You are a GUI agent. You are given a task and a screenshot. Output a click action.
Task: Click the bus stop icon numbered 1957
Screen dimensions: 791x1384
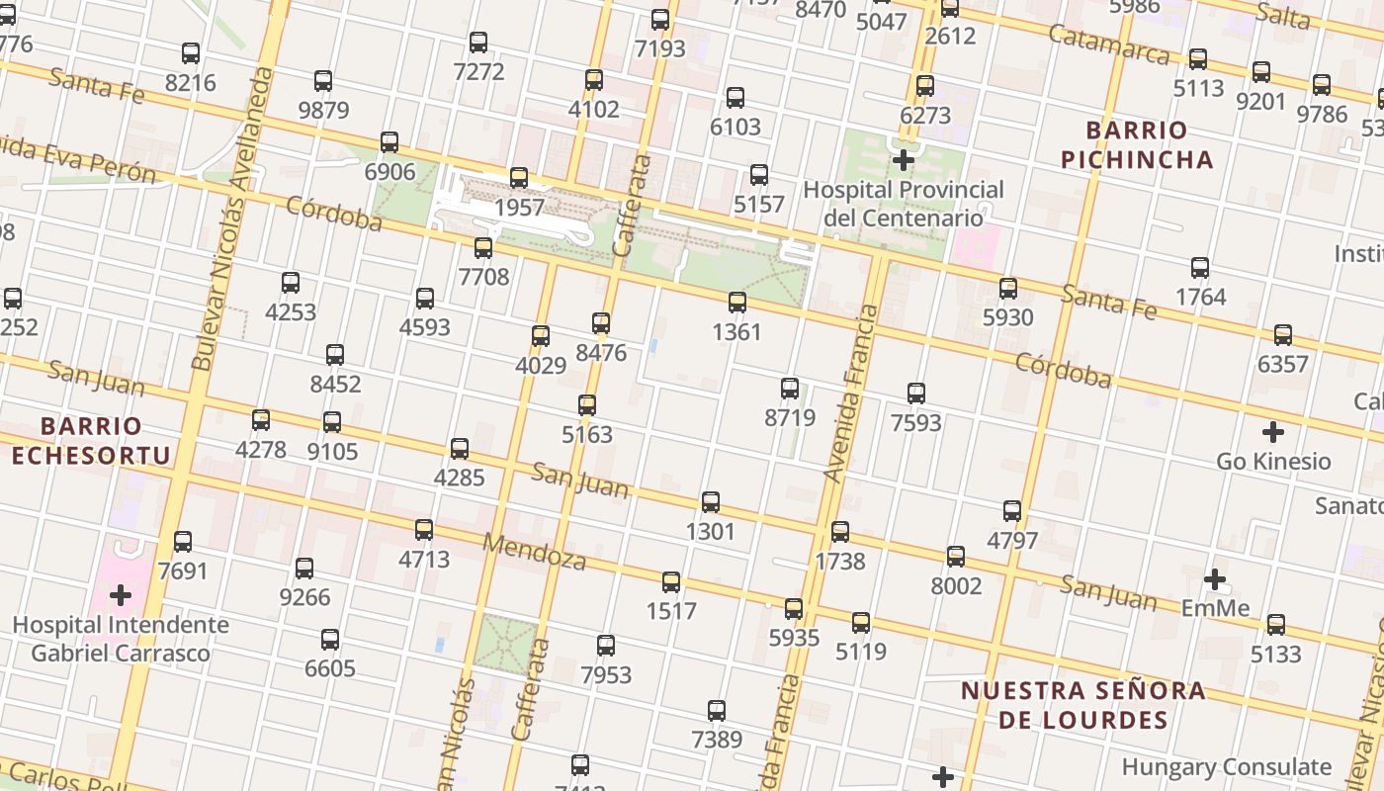[519, 178]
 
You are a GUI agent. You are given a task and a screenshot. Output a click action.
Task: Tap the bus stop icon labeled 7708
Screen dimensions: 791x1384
[483, 247]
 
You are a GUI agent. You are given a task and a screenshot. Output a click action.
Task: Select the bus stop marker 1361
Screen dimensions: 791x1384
[737, 303]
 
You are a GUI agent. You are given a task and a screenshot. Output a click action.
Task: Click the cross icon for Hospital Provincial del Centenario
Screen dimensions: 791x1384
[903, 159]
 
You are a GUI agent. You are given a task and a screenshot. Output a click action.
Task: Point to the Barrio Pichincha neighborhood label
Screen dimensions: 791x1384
[1136, 144]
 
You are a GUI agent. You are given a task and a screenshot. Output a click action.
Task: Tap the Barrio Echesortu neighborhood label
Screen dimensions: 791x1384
[91, 441]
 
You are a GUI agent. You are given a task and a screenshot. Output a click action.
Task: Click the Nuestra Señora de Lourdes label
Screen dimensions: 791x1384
[1083, 705]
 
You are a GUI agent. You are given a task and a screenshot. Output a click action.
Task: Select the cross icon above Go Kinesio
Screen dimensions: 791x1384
[1273, 432]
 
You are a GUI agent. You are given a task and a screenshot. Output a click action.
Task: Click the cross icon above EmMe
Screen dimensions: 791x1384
[1215, 578]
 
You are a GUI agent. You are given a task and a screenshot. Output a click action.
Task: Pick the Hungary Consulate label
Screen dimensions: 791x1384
[1227, 766]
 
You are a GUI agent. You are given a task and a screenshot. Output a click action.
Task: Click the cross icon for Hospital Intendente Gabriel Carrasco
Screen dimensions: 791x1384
[121, 595]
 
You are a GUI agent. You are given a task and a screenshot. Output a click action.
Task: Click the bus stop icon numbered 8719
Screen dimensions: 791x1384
[790, 388]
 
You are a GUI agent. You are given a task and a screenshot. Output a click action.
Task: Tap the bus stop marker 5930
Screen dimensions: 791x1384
[1008, 289]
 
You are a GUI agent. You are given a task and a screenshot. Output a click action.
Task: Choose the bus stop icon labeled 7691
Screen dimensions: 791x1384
[183, 542]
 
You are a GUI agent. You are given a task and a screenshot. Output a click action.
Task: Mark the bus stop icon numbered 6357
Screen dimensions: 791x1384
[1283, 334]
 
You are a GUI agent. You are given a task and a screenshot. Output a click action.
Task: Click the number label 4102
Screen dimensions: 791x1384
[594, 109]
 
